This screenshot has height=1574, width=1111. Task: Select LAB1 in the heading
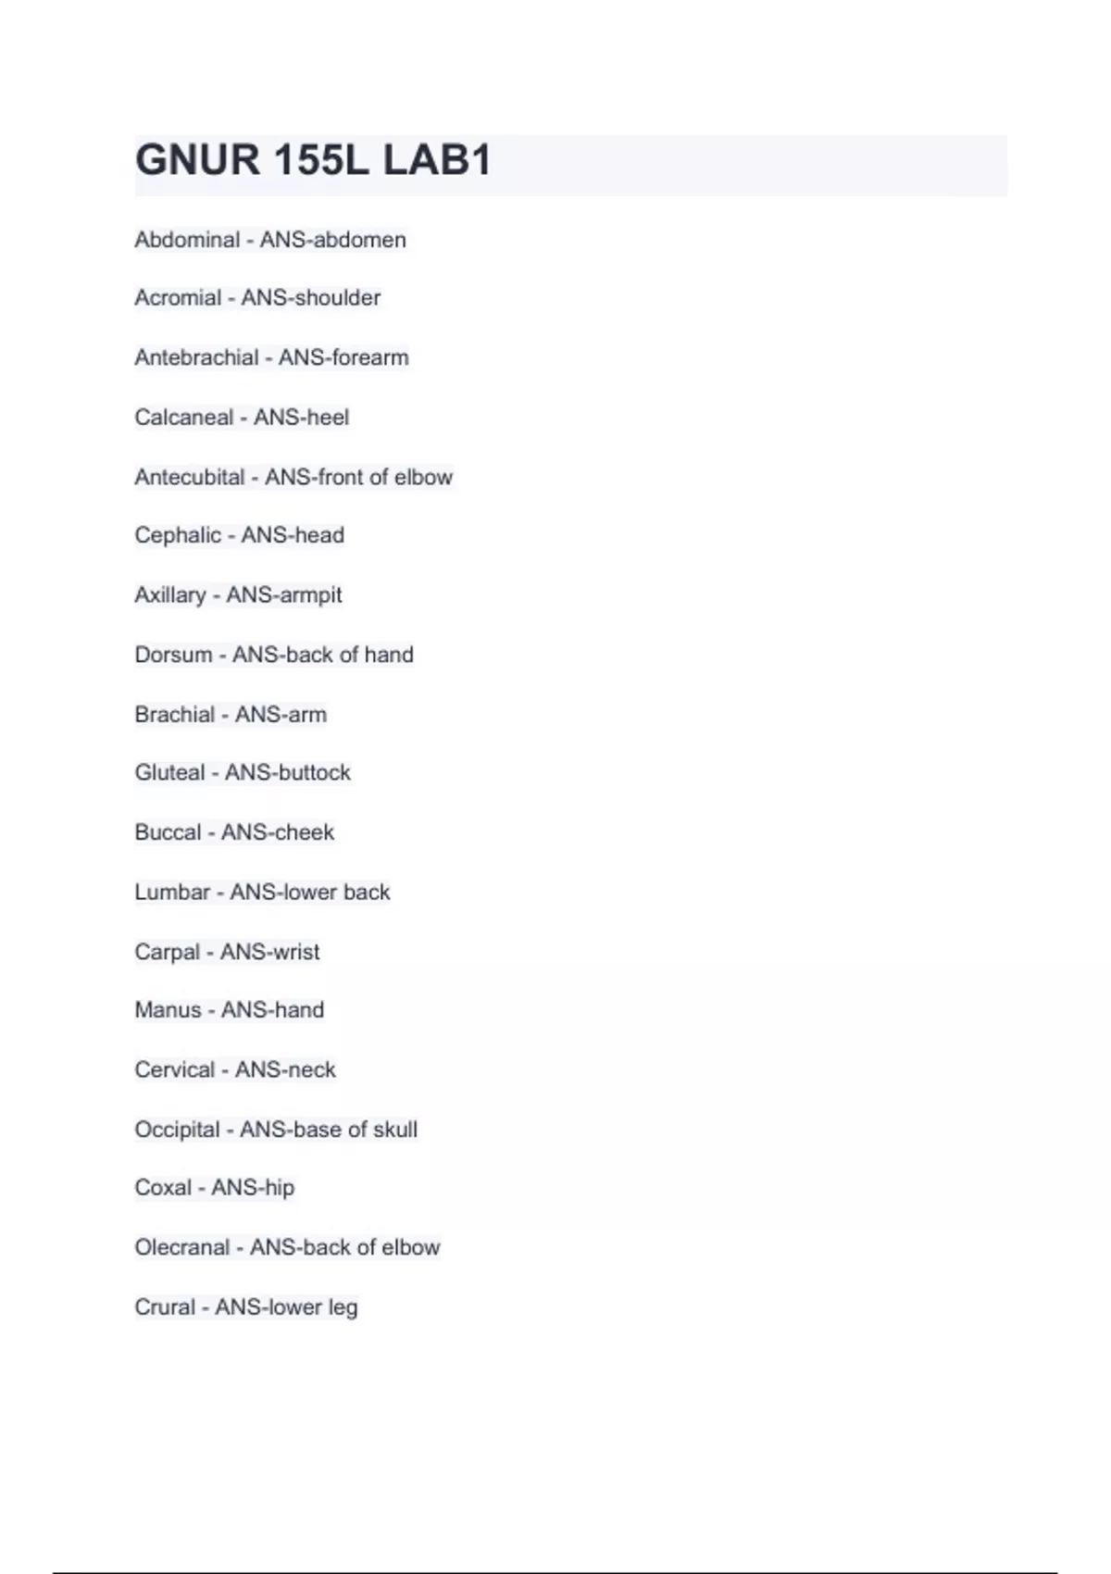(x=436, y=160)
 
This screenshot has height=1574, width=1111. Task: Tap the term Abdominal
(x=187, y=240)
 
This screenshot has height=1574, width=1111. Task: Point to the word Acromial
(x=178, y=298)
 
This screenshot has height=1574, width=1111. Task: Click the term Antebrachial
(x=196, y=357)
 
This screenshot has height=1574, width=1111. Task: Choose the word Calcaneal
(x=183, y=418)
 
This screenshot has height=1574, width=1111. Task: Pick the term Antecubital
(x=189, y=477)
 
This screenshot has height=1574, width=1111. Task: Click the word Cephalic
(x=178, y=535)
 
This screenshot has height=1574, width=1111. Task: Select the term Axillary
(x=170, y=594)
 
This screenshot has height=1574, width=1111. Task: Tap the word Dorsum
(x=173, y=655)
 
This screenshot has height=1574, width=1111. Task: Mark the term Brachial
(x=174, y=715)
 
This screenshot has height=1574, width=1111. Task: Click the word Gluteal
(x=169, y=772)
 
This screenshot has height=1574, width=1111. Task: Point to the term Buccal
(x=168, y=832)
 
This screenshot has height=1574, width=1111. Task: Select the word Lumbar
(x=172, y=892)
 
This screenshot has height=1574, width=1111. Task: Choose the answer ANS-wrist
(x=269, y=952)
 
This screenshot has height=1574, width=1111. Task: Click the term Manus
(x=168, y=1010)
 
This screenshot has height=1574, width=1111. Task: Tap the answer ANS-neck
(x=285, y=1069)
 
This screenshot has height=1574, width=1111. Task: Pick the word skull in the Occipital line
(x=396, y=1130)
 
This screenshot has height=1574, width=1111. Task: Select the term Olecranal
(x=181, y=1247)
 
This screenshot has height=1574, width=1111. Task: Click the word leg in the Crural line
(x=343, y=1307)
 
